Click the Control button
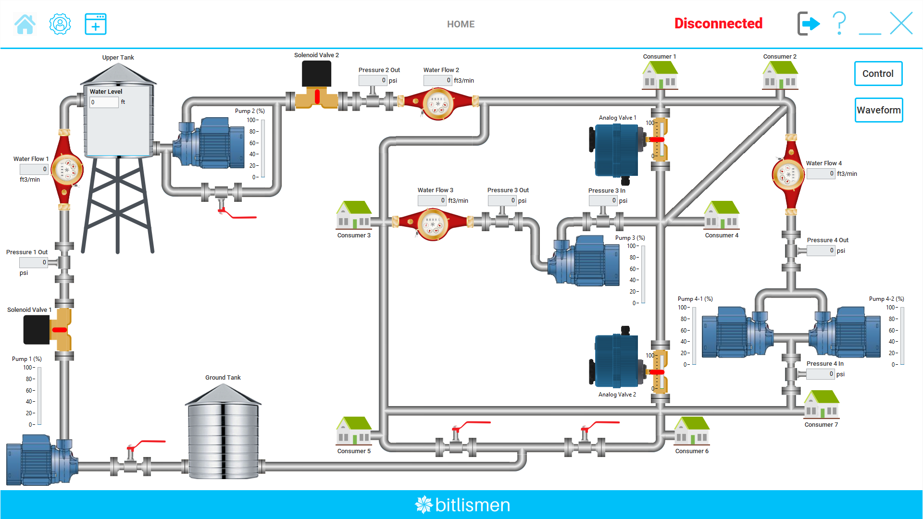[878, 74]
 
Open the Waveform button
[878, 110]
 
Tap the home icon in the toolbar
[25, 24]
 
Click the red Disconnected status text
[718, 24]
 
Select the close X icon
[901, 24]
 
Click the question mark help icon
[839, 24]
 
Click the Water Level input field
[104, 102]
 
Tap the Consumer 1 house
[660, 75]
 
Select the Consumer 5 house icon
[354, 431]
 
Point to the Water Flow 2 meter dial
[437, 104]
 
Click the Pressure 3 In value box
[603, 200]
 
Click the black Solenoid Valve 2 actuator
[316, 74]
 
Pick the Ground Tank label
[223, 378]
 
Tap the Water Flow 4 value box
[821, 174]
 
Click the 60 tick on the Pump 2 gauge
[253, 143]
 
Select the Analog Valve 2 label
[617, 395]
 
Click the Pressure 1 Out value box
[33, 262]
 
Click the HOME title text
[461, 24]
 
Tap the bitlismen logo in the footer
[462, 505]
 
